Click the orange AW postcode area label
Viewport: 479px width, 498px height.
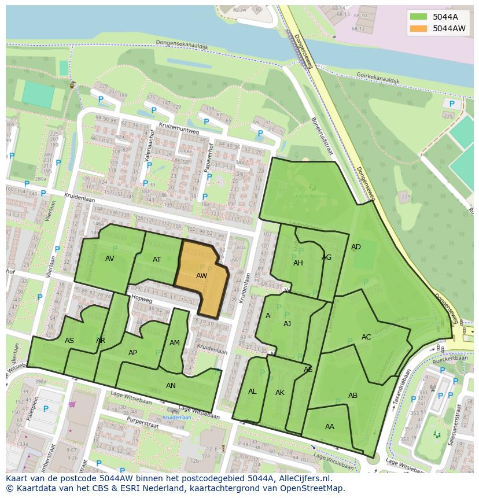click(201, 276)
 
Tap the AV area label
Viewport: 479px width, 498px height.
click(110, 259)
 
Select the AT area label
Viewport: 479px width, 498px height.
click(157, 260)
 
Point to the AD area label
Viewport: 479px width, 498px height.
click(356, 247)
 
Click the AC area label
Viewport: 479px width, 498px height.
click(366, 337)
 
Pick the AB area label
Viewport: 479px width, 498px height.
click(353, 396)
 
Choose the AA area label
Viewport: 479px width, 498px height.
click(330, 427)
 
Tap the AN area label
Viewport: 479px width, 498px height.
click(171, 386)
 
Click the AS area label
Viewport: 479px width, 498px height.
click(69, 341)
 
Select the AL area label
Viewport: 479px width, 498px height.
click(252, 392)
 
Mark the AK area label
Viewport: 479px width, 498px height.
click(280, 393)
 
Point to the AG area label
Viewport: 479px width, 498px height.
click(327, 257)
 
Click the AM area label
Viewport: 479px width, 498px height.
click(175, 343)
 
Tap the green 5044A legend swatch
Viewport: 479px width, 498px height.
click(418, 16)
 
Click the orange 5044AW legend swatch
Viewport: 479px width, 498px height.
click(418, 28)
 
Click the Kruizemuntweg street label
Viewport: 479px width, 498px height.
click(179, 130)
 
